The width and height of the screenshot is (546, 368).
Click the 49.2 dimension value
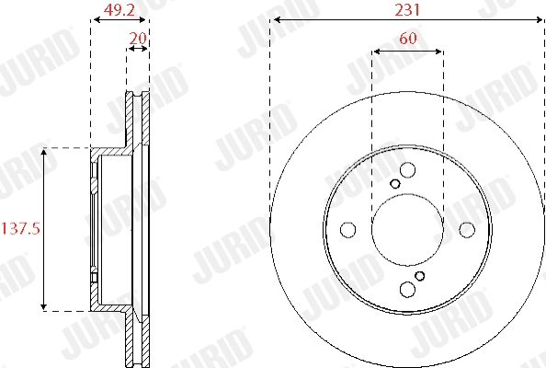coord(119,10)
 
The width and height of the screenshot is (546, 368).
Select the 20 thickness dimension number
coord(138,38)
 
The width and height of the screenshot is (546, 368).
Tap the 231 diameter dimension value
coord(407,10)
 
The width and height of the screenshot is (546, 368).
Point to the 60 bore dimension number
coord(408,38)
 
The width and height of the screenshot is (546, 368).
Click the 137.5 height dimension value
coord(20,229)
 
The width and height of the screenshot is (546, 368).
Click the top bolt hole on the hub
coord(407,170)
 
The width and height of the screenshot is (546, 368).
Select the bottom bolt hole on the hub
coord(407,289)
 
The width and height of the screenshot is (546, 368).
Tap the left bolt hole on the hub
coord(347,230)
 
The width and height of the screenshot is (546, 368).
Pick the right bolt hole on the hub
coord(467,230)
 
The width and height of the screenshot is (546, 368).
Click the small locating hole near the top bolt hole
coord(395,184)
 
